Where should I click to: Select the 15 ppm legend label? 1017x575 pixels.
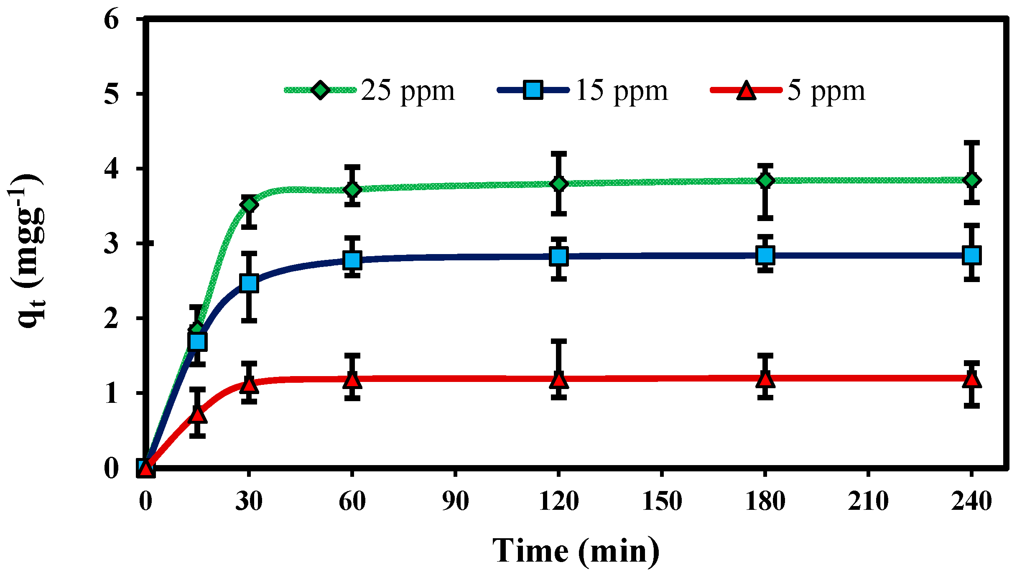pyautogui.click(x=622, y=90)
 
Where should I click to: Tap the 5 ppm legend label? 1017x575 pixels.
pyautogui.click(x=826, y=90)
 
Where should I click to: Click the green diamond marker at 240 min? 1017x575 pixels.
pyautogui.click(x=972, y=180)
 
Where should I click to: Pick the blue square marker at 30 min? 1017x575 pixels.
pyautogui.click(x=249, y=283)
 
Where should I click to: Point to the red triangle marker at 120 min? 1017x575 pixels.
pyautogui.click(x=559, y=379)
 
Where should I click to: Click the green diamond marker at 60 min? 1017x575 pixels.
pyautogui.click(x=352, y=189)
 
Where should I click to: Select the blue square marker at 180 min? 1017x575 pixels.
pyautogui.click(x=765, y=254)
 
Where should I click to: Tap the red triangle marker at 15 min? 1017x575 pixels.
pyautogui.click(x=198, y=415)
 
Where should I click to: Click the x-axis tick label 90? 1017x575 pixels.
pyautogui.click(x=456, y=501)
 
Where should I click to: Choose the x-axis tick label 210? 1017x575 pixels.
pyautogui.click(x=868, y=501)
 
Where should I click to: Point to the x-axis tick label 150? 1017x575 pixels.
pyautogui.click(x=662, y=501)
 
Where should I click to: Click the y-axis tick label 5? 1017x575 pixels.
pyautogui.click(x=112, y=94)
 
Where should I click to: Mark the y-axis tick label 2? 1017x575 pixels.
pyautogui.click(x=112, y=319)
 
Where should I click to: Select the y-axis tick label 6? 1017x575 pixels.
pyautogui.click(x=112, y=19)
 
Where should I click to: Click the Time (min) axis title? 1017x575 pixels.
pyautogui.click(x=576, y=551)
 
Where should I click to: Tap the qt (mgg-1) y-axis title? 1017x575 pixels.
pyautogui.click(x=28, y=251)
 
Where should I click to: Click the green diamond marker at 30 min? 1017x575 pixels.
pyautogui.click(x=249, y=205)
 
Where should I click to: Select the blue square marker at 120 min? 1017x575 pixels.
pyautogui.click(x=559, y=256)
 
